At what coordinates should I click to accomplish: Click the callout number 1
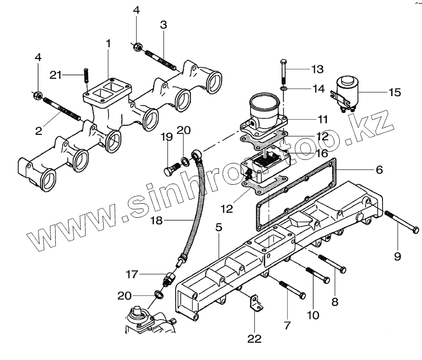coord(108,43)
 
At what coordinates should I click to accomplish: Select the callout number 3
coord(163,25)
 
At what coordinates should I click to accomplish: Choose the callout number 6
coord(379,169)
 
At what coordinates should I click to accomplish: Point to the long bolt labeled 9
coord(402,223)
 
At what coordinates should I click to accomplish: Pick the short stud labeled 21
coord(86,76)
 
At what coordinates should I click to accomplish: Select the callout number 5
coord(218,229)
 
